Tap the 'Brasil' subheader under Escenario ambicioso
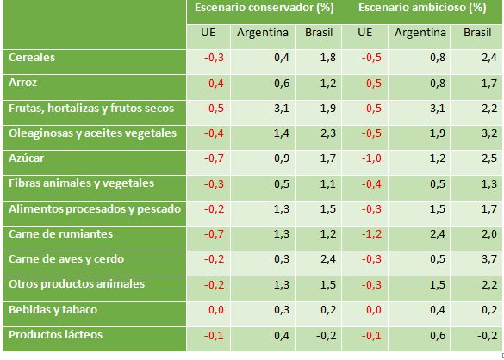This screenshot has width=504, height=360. point(477,34)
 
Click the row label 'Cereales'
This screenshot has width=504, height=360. point(32,59)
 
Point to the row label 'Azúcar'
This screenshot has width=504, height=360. point(26,158)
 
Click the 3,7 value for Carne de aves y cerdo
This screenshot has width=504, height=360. point(488,258)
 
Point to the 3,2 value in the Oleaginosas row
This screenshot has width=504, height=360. point(488,133)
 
